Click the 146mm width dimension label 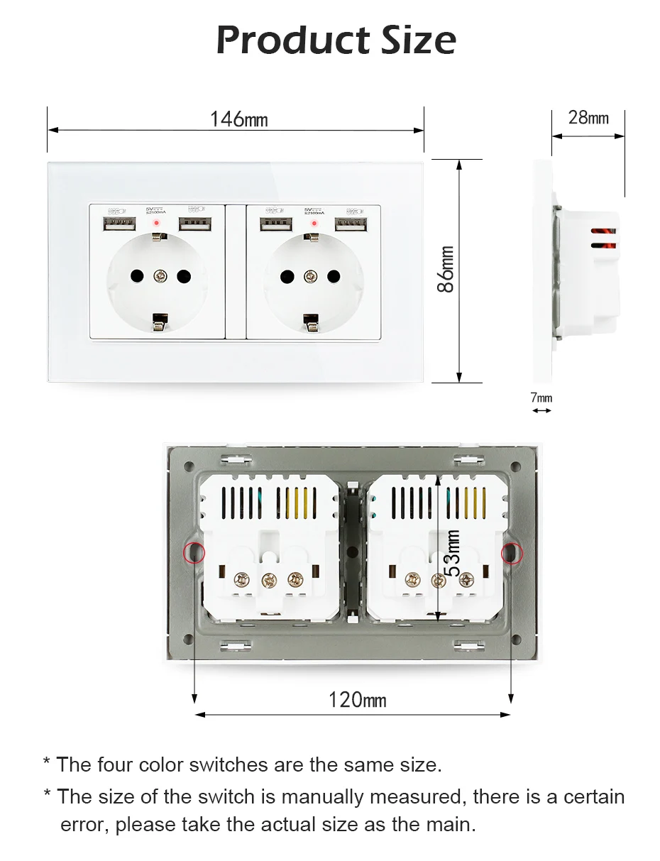[238, 119]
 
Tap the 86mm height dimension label [445, 269]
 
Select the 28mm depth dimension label [588, 117]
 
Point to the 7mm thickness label [541, 397]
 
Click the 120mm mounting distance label [357, 700]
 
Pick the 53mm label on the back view [452, 554]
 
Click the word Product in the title [292, 40]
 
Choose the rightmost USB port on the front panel [348, 226]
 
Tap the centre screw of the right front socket [310, 275]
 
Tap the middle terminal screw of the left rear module [268, 579]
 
